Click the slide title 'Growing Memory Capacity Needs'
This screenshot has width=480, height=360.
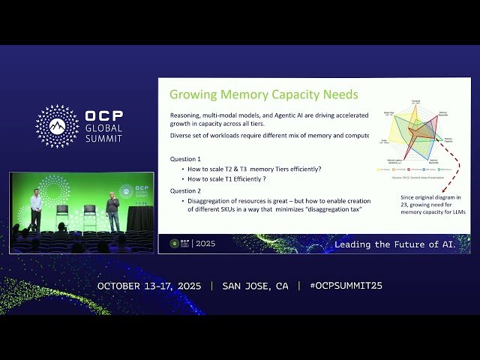tap(263, 94)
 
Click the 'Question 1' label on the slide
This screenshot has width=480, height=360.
tap(185, 159)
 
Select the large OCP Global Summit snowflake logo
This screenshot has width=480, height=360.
tap(57, 126)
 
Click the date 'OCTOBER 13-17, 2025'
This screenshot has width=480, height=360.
tap(150, 286)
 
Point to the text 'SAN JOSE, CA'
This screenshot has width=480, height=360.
tap(255, 286)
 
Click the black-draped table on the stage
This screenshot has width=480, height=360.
tap(139, 217)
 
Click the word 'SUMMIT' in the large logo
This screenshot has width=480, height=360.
tap(103, 139)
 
